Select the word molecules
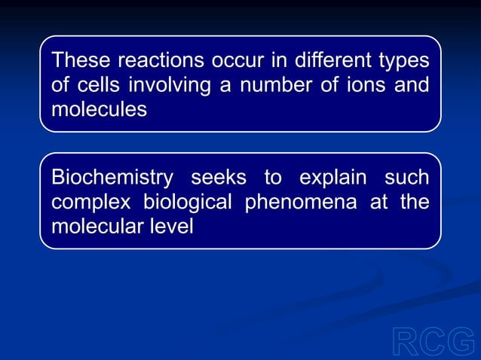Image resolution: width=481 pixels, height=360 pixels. [x=99, y=110]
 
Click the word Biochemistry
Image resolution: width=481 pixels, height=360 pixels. [x=112, y=178]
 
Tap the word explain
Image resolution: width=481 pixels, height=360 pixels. [x=334, y=178]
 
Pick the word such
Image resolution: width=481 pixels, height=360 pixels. [x=407, y=178]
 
